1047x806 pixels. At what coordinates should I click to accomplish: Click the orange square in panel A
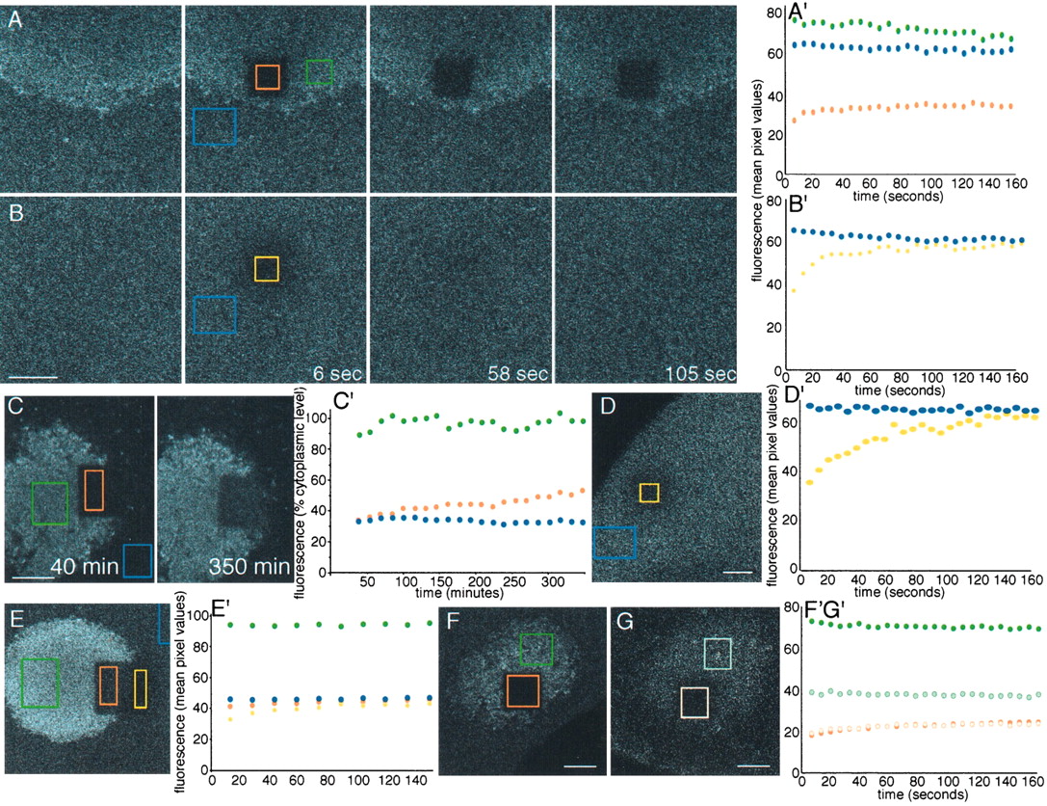(268, 77)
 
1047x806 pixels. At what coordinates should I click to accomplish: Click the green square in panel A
(319, 71)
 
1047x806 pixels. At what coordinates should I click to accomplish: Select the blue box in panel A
(215, 126)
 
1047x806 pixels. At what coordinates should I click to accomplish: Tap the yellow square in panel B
(267, 269)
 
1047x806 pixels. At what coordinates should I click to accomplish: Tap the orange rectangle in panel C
(93, 490)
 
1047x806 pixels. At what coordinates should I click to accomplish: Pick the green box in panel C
(49, 503)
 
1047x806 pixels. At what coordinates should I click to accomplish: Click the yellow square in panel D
(649, 493)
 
